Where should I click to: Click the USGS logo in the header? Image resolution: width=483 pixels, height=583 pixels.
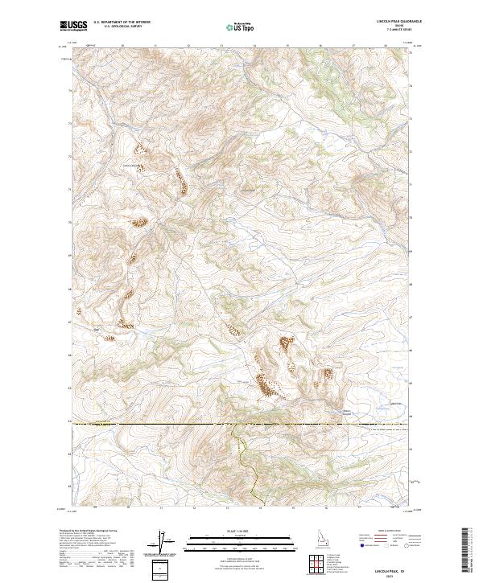(73, 26)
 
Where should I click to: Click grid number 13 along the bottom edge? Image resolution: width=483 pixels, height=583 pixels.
(227, 508)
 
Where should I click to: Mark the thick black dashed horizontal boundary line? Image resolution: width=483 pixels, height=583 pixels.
(161, 422)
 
